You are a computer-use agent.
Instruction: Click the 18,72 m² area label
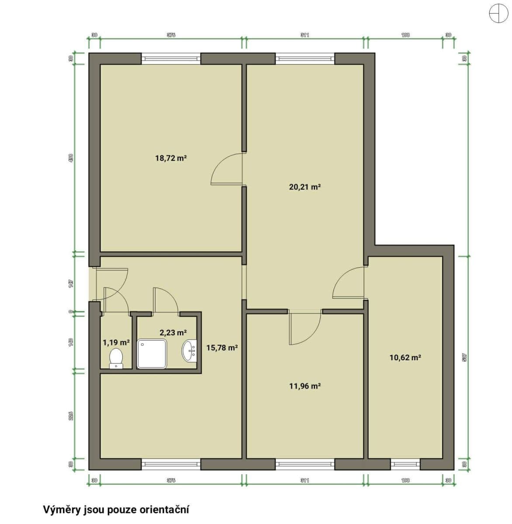tap(171, 158)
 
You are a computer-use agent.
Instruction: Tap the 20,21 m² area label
tap(305, 187)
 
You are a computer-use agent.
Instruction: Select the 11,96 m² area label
tap(305, 386)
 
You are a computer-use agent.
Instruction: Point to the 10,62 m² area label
tap(405, 358)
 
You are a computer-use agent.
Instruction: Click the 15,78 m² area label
tap(222, 348)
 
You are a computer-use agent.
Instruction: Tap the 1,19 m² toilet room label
tap(116, 343)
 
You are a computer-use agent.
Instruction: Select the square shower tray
tap(152, 354)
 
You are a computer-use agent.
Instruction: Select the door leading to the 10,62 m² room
tap(349, 283)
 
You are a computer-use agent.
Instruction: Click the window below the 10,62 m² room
tap(405, 464)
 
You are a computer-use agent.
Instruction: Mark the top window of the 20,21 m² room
tap(305, 59)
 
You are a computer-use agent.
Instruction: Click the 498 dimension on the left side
tap(71, 158)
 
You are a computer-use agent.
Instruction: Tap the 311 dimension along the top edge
tap(305, 35)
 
